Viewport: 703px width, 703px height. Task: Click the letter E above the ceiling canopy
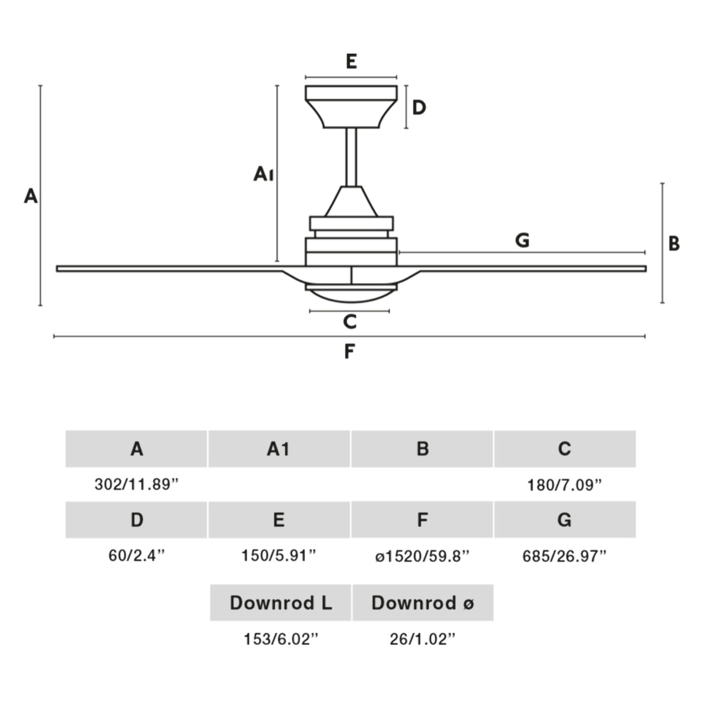click(x=351, y=62)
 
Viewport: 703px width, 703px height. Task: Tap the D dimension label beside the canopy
click(x=419, y=107)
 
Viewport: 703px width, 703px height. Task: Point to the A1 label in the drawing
click(x=263, y=174)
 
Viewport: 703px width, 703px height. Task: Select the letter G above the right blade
click(x=522, y=241)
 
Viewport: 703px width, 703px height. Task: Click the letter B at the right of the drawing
click(x=674, y=244)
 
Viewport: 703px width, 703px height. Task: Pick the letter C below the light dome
click(x=350, y=322)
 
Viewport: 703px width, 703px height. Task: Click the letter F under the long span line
click(x=349, y=352)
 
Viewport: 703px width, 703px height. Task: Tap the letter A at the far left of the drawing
click(x=31, y=196)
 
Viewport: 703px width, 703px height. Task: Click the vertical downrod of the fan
click(x=351, y=157)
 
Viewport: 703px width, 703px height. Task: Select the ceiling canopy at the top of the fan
click(x=351, y=106)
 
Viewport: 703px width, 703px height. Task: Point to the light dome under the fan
click(x=351, y=296)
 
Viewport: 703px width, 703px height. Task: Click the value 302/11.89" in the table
click(x=136, y=484)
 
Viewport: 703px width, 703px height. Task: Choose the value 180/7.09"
click(x=565, y=485)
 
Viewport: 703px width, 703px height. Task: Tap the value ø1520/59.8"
click(x=422, y=556)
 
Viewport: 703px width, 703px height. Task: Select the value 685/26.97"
click(x=565, y=556)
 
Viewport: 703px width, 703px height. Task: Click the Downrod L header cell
click(x=281, y=603)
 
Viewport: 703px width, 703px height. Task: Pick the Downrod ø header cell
click(x=423, y=603)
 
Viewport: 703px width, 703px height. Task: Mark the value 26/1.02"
click(x=422, y=639)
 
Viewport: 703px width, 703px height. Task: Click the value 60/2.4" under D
click(x=136, y=556)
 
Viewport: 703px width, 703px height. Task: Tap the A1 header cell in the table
click(x=279, y=449)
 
